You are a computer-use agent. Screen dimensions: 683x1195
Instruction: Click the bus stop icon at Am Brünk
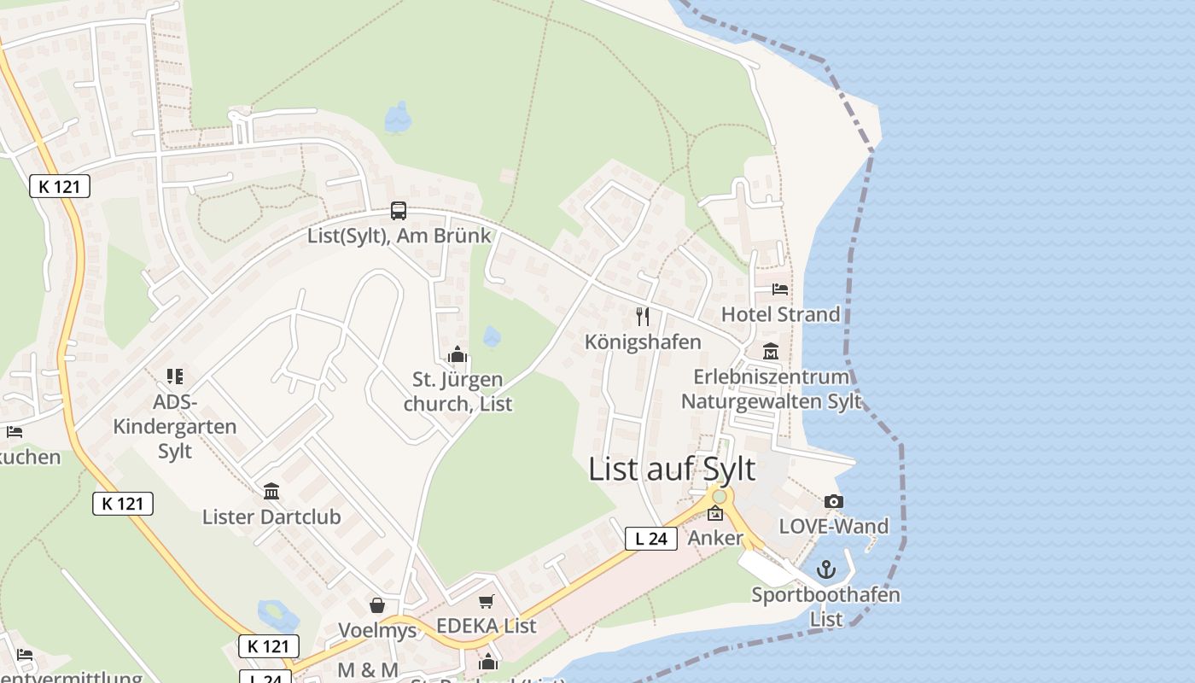pyautogui.click(x=399, y=210)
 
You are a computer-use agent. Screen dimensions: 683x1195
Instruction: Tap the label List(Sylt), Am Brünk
pyautogui.click(x=399, y=236)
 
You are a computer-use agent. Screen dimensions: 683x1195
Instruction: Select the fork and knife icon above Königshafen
pyautogui.click(x=643, y=317)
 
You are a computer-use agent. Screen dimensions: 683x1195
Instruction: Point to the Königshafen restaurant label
pyautogui.click(x=643, y=341)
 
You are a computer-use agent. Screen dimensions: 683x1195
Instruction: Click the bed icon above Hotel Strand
pyautogui.click(x=780, y=289)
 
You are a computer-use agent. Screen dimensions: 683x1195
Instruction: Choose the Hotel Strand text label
pyautogui.click(x=781, y=314)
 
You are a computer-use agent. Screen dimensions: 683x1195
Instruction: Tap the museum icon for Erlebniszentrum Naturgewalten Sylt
pyautogui.click(x=771, y=352)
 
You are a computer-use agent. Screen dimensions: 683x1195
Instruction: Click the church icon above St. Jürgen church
pyautogui.click(x=458, y=354)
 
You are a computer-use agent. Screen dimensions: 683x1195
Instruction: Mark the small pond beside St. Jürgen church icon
pyautogui.click(x=492, y=336)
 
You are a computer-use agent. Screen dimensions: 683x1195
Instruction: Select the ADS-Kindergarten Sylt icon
pyautogui.click(x=175, y=376)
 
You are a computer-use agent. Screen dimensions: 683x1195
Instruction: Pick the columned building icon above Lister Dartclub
pyautogui.click(x=271, y=491)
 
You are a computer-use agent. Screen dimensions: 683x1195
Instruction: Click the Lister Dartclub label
pyautogui.click(x=271, y=517)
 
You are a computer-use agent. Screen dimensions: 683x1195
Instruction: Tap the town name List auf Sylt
pyautogui.click(x=672, y=470)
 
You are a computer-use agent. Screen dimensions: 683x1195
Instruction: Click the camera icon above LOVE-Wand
pyautogui.click(x=834, y=502)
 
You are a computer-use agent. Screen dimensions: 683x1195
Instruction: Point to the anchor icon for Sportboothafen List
pyautogui.click(x=825, y=569)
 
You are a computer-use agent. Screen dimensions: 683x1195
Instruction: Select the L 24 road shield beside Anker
pyautogui.click(x=651, y=539)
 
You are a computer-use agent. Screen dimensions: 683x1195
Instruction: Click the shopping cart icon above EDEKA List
pyautogui.click(x=487, y=601)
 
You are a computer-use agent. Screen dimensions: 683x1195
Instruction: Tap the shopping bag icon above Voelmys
pyautogui.click(x=377, y=605)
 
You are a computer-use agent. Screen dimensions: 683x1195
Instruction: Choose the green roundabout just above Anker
pyautogui.click(x=720, y=496)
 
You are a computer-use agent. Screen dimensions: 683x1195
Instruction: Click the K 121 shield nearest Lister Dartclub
pyautogui.click(x=123, y=504)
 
